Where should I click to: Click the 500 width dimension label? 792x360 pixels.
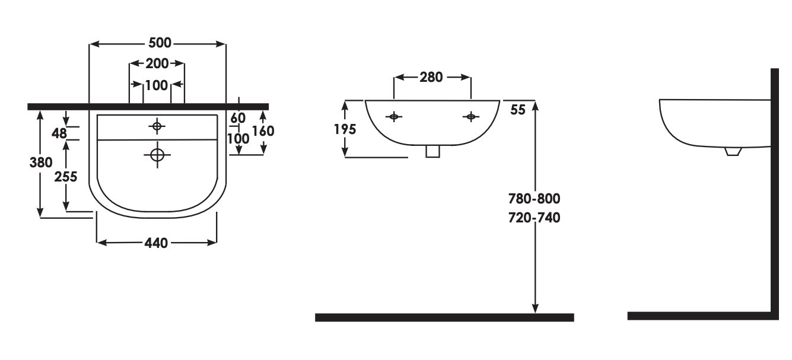(x=160, y=43)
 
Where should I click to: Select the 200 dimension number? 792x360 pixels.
(x=157, y=63)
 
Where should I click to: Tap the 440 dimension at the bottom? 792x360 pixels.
(x=156, y=243)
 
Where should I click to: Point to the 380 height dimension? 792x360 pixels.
(x=41, y=163)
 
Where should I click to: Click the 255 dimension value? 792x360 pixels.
(x=66, y=177)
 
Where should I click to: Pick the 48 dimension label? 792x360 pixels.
(x=59, y=133)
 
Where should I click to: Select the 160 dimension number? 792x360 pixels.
(x=263, y=131)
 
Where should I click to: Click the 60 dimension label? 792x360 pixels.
(x=237, y=118)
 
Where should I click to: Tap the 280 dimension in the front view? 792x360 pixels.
(x=431, y=77)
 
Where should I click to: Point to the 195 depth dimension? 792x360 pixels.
(x=345, y=129)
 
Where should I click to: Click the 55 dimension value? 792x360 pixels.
(x=518, y=110)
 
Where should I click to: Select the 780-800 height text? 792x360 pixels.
(x=535, y=199)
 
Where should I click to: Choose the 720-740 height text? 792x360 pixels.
(x=535, y=218)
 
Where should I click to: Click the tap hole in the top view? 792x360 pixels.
(x=157, y=126)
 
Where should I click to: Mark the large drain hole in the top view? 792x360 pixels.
(x=157, y=155)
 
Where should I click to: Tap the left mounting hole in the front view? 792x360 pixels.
(x=393, y=116)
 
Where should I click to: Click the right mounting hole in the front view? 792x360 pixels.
(x=470, y=116)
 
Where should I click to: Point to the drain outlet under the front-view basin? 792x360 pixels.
(x=432, y=151)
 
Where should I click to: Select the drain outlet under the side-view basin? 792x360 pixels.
(x=733, y=152)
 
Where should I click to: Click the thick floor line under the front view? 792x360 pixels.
(x=444, y=317)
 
